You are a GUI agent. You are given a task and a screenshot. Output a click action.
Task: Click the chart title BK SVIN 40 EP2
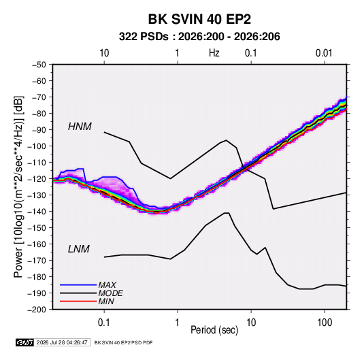point(199,19)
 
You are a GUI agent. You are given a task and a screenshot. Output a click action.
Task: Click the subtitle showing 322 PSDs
point(199,37)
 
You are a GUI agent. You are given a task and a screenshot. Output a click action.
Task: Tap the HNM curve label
point(80,127)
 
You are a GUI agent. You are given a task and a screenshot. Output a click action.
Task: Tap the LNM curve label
point(79,249)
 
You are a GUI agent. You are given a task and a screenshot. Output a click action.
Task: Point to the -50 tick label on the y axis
point(39,65)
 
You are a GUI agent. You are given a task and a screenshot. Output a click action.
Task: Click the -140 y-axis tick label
point(37,212)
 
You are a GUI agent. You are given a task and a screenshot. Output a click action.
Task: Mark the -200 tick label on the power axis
point(37,310)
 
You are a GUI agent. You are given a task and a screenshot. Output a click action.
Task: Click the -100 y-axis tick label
point(37,146)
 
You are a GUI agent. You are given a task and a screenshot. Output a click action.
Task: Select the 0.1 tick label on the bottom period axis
point(104,323)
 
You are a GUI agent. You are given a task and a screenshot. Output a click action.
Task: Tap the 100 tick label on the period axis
point(325,323)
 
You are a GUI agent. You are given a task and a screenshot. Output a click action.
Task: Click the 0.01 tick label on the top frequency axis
point(324,53)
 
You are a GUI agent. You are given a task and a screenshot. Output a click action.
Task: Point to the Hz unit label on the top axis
point(214,53)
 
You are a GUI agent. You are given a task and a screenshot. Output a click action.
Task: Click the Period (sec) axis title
point(214,330)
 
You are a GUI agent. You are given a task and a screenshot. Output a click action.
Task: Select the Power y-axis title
point(18,186)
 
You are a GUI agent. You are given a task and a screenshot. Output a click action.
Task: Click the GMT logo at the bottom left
point(24,342)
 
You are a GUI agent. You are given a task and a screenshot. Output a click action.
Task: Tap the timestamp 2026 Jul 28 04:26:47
point(62,342)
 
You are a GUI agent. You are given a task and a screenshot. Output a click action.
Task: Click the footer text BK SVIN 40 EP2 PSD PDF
point(124,342)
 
